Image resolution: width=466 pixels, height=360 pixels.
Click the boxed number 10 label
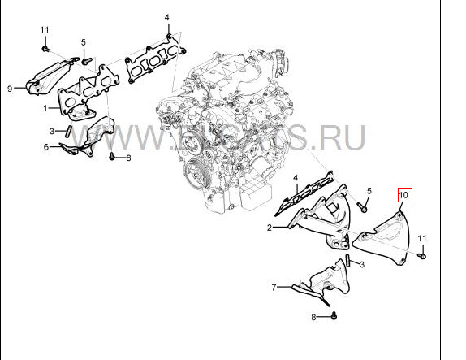click(x=404, y=195)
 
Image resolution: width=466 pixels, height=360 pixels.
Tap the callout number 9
click(x=11, y=88)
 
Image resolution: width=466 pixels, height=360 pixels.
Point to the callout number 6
click(x=46, y=147)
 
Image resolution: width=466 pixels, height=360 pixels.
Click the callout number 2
click(x=269, y=228)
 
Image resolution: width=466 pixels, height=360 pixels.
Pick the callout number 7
click(x=275, y=287)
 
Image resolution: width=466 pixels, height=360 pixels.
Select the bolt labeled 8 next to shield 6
click(x=111, y=155)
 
